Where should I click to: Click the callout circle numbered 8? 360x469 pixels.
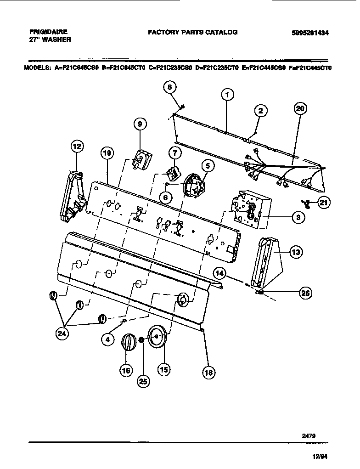pyautogui.click(x=170, y=87)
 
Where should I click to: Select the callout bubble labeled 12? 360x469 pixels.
pyautogui.click(x=77, y=147)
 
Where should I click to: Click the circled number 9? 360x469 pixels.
pyautogui.click(x=140, y=124)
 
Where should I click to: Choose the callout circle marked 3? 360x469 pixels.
pyautogui.click(x=298, y=218)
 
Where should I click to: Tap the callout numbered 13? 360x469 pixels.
pyautogui.click(x=296, y=251)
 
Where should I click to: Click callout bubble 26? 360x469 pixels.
pyautogui.click(x=304, y=292)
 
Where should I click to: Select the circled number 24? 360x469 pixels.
pyautogui.click(x=62, y=334)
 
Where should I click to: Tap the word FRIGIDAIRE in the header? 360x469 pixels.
pyautogui.click(x=48, y=32)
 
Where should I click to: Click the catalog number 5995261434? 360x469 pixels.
pyautogui.click(x=311, y=33)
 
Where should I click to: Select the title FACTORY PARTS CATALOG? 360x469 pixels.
pyautogui.click(x=192, y=32)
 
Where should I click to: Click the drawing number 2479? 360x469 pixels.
pyautogui.click(x=308, y=434)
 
